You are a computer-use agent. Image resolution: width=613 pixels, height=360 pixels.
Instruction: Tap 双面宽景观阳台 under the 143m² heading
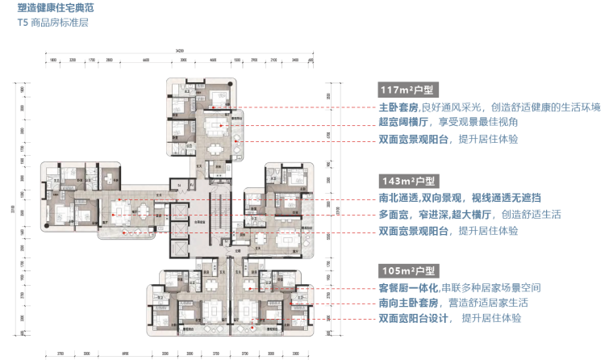(415, 231)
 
